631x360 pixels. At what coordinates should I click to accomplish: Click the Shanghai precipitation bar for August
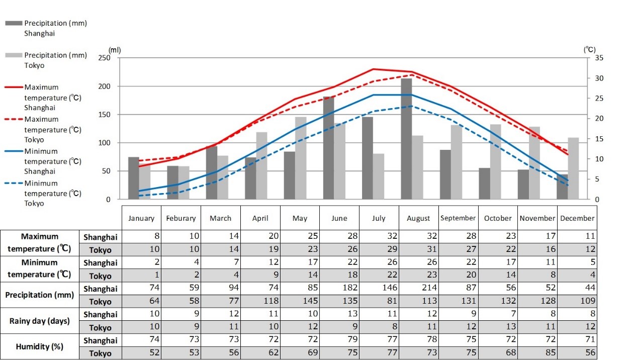406,139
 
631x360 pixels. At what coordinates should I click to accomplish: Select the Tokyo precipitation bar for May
301,158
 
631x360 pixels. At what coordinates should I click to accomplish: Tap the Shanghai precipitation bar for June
328,148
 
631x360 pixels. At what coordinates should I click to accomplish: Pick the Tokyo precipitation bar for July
379,176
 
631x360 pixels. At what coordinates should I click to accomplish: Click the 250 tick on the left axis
104,58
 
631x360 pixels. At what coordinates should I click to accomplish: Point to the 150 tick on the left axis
104,115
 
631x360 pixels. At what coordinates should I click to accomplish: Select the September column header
458,218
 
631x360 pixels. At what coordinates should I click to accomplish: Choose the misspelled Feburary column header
181,218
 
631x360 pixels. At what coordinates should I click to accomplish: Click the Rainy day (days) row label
39,321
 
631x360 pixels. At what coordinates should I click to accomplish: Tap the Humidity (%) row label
39,346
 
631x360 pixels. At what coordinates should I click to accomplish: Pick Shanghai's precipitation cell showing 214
419,288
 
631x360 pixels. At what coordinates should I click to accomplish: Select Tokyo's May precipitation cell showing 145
301,301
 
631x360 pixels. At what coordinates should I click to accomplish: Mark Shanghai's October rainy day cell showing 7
498,314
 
